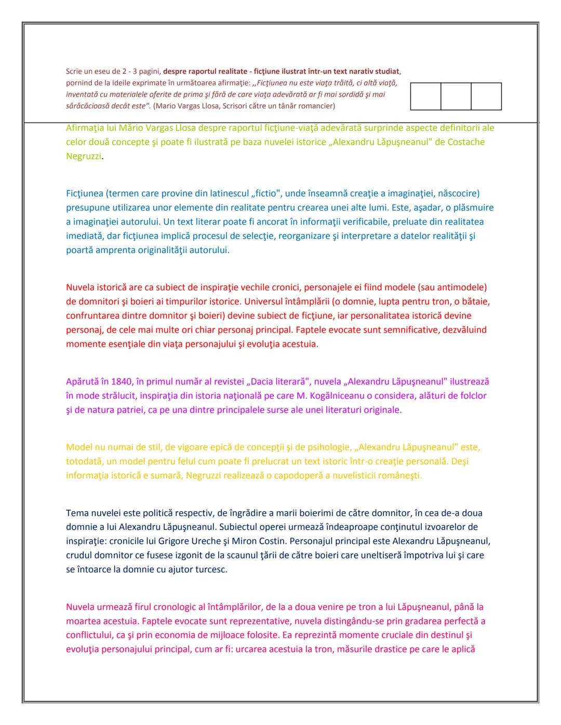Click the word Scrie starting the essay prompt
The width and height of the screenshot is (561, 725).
[x=74, y=72]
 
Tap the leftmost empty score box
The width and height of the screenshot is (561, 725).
[x=425, y=96]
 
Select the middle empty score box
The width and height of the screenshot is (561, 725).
[x=456, y=96]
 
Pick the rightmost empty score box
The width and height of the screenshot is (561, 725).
[x=486, y=96]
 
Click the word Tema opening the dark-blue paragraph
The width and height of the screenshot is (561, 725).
[x=77, y=513]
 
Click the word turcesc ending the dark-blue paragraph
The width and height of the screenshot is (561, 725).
[x=209, y=569]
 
